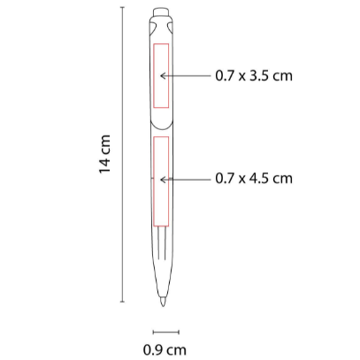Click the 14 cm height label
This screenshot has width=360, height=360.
tap(105, 154)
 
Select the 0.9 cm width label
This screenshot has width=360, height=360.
tap(165, 350)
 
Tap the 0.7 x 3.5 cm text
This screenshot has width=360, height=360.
tap(254, 76)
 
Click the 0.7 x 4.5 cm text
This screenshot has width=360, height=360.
tap(254, 179)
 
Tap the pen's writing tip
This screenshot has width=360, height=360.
tap(163, 302)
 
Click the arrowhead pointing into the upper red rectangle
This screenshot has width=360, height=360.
tap(162, 76)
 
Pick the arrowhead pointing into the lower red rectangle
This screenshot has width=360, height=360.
tap(162, 180)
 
